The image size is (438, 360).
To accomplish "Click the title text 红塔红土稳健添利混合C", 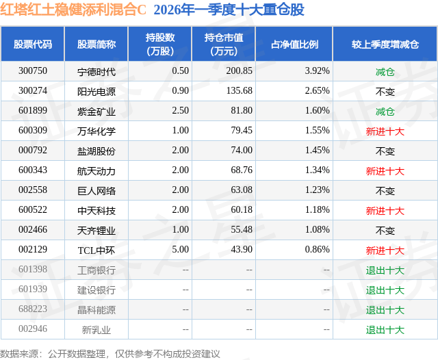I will (x=74, y=10).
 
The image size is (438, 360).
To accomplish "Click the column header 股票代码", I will (x=33, y=44).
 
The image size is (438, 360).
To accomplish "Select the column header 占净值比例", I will (x=294, y=44).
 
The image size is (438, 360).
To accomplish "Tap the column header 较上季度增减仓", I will (x=385, y=44).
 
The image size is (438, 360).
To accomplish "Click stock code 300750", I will (x=33, y=71).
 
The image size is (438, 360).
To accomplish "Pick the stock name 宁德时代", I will (x=96, y=71).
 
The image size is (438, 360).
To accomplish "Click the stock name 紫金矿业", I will (x=96, y=111).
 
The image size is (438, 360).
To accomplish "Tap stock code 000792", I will (x=33, y=151).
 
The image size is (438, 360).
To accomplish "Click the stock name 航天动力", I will (x=96, y=170).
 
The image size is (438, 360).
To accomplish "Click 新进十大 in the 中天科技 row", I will (x=385, y=210).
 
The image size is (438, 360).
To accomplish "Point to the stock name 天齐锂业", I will (x=96, y=231).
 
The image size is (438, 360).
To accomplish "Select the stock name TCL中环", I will (x=96, y=250).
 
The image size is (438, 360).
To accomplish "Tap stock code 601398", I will (x=33, y=270).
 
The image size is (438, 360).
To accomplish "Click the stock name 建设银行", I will (x=96, y=290).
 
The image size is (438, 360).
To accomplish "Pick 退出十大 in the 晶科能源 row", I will (x=385, y=310).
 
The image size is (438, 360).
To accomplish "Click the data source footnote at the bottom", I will (x=110, y=353).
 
